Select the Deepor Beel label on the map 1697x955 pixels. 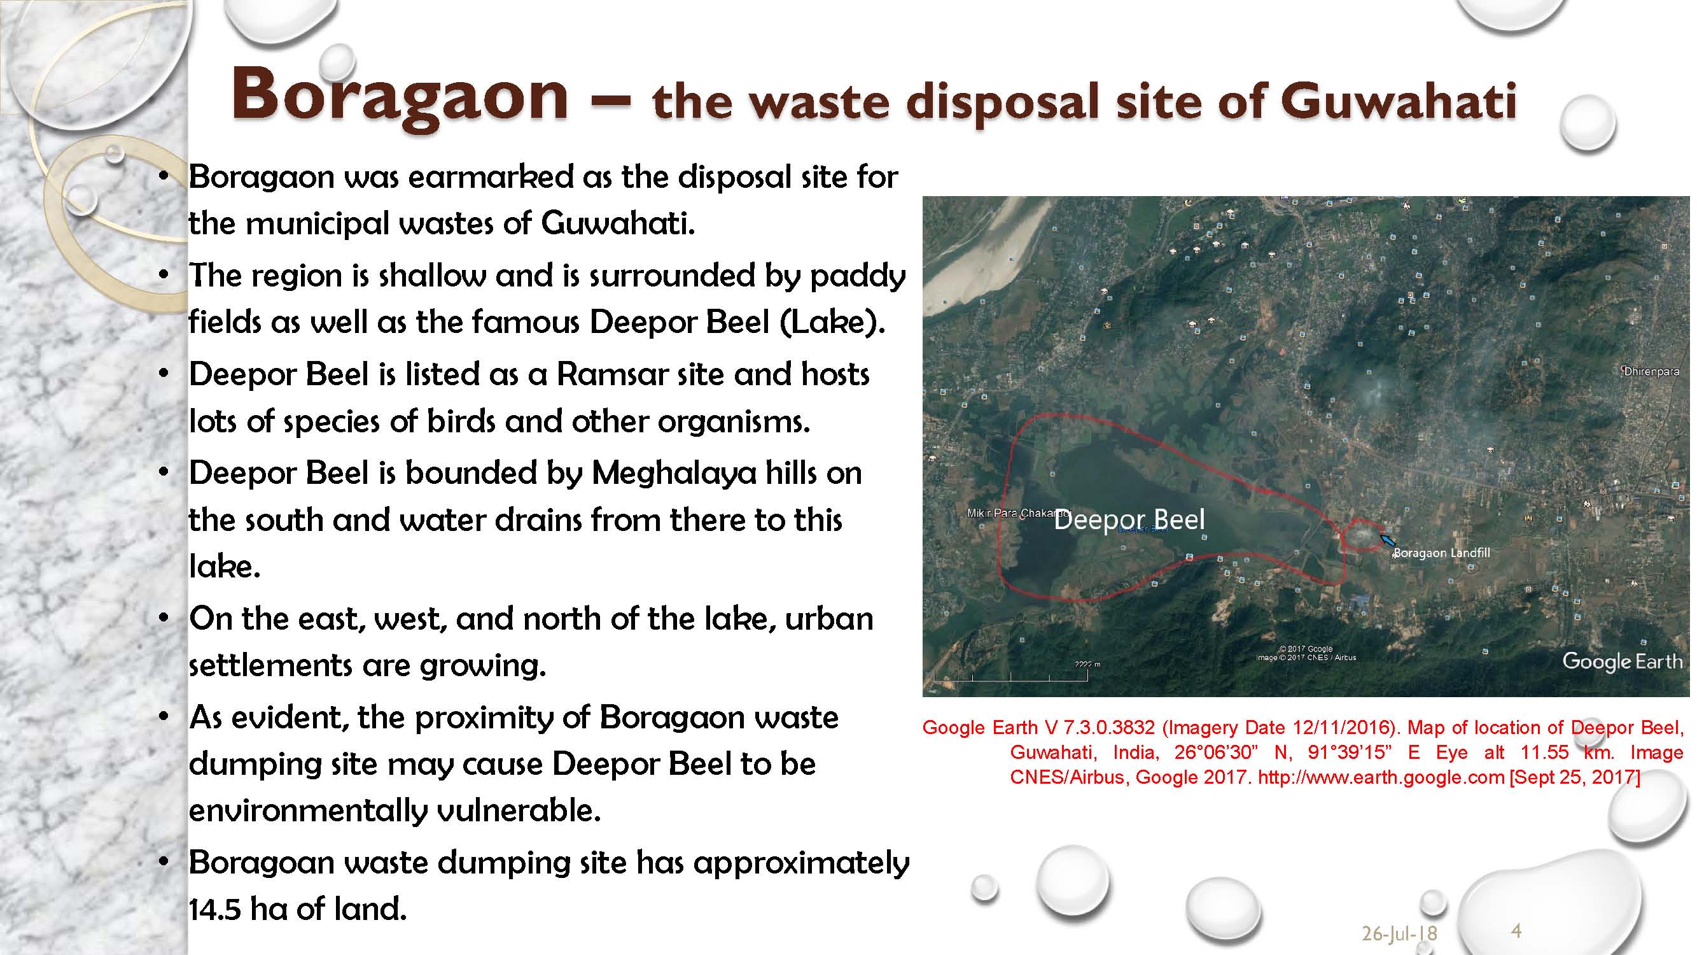pyautogui.click(x=1129, y=520)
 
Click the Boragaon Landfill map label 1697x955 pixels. pyautogui.click(x=1442, y=553)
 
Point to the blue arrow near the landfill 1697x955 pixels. pyautogui.click(x=1386, y=540)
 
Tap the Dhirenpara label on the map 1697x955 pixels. pyautogui.click(x=1652, y=371)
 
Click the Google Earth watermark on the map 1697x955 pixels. pyautogui.click(x=1623, y=661)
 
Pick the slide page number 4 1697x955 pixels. pyautogui.click(x=1516, y=931)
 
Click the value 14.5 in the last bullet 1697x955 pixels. pyautogui.click(x=214, y=909)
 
